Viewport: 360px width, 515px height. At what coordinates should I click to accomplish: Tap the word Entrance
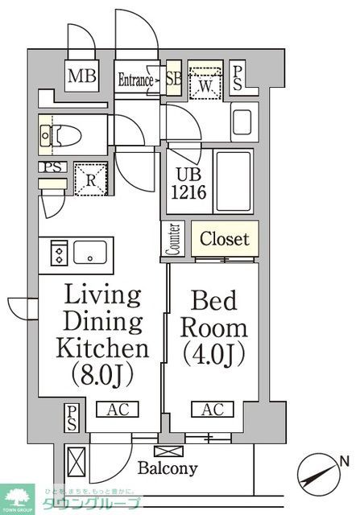(x=135, y=80)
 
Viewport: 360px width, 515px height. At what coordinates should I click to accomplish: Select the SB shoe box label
(x=172, y=80)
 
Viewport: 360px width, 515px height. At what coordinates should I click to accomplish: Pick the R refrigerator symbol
(x=90, y=179)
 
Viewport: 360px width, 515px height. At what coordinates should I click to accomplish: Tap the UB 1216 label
(x=190, y=185)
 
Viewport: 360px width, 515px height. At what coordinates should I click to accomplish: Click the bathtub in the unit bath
(x=233, y=183)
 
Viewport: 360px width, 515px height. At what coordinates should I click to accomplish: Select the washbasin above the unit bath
(x=243, y=122)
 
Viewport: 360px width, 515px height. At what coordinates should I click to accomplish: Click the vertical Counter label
(x=174, y=240)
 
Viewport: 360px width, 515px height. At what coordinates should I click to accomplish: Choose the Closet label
(x=225, y=239)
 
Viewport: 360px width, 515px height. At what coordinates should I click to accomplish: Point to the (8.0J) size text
(x=102, y=375)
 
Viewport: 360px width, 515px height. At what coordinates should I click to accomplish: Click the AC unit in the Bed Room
(x=213, y=410)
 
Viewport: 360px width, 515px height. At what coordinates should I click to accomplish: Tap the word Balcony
(x=168, y=468)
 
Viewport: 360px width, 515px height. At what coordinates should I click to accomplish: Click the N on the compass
(x=343, y=461)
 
